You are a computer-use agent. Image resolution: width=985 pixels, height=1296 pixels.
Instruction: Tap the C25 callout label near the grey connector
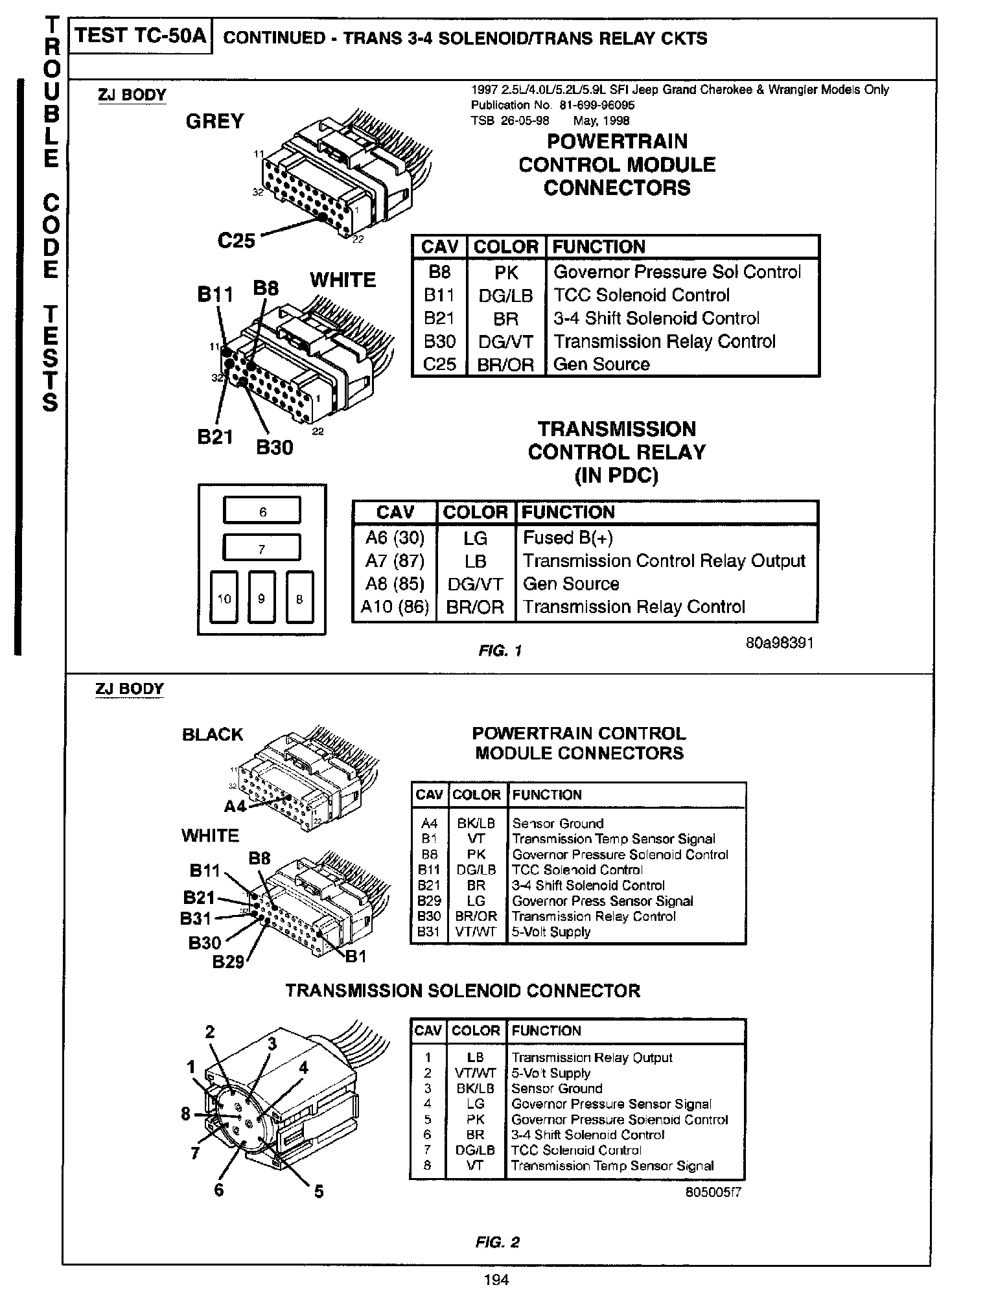click(236, 240)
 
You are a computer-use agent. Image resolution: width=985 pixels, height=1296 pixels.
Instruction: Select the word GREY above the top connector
click(214, 121)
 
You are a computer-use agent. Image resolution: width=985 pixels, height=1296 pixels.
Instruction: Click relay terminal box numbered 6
click(262, 511)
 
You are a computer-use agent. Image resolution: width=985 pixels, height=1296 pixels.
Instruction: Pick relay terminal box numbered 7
click(262, 548)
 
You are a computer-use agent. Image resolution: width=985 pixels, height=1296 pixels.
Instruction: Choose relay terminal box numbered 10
click(224, 598)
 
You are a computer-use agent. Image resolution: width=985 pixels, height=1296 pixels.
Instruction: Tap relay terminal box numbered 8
click(299, 598)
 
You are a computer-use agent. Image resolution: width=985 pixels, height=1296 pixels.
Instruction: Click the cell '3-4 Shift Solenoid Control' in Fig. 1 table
click(656, 318)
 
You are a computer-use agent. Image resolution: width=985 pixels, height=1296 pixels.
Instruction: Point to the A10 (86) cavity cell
click(395, 607)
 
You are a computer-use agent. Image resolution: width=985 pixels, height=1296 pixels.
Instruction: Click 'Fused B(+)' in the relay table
click(568, 538)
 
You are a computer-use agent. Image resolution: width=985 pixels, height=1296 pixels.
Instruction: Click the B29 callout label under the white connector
click(228, 962)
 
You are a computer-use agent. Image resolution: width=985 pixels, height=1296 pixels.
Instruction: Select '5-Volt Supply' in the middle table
click(551, 932)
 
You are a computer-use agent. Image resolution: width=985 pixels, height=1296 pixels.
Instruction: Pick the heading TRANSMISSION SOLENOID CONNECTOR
click(463, 991)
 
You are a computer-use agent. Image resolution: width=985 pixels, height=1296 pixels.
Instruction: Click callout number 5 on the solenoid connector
click(319, 1191)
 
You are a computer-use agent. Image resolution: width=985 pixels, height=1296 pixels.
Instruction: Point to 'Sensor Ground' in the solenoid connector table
click(557, 1088)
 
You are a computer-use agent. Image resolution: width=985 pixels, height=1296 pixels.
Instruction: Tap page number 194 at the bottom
click(496, 1279)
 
